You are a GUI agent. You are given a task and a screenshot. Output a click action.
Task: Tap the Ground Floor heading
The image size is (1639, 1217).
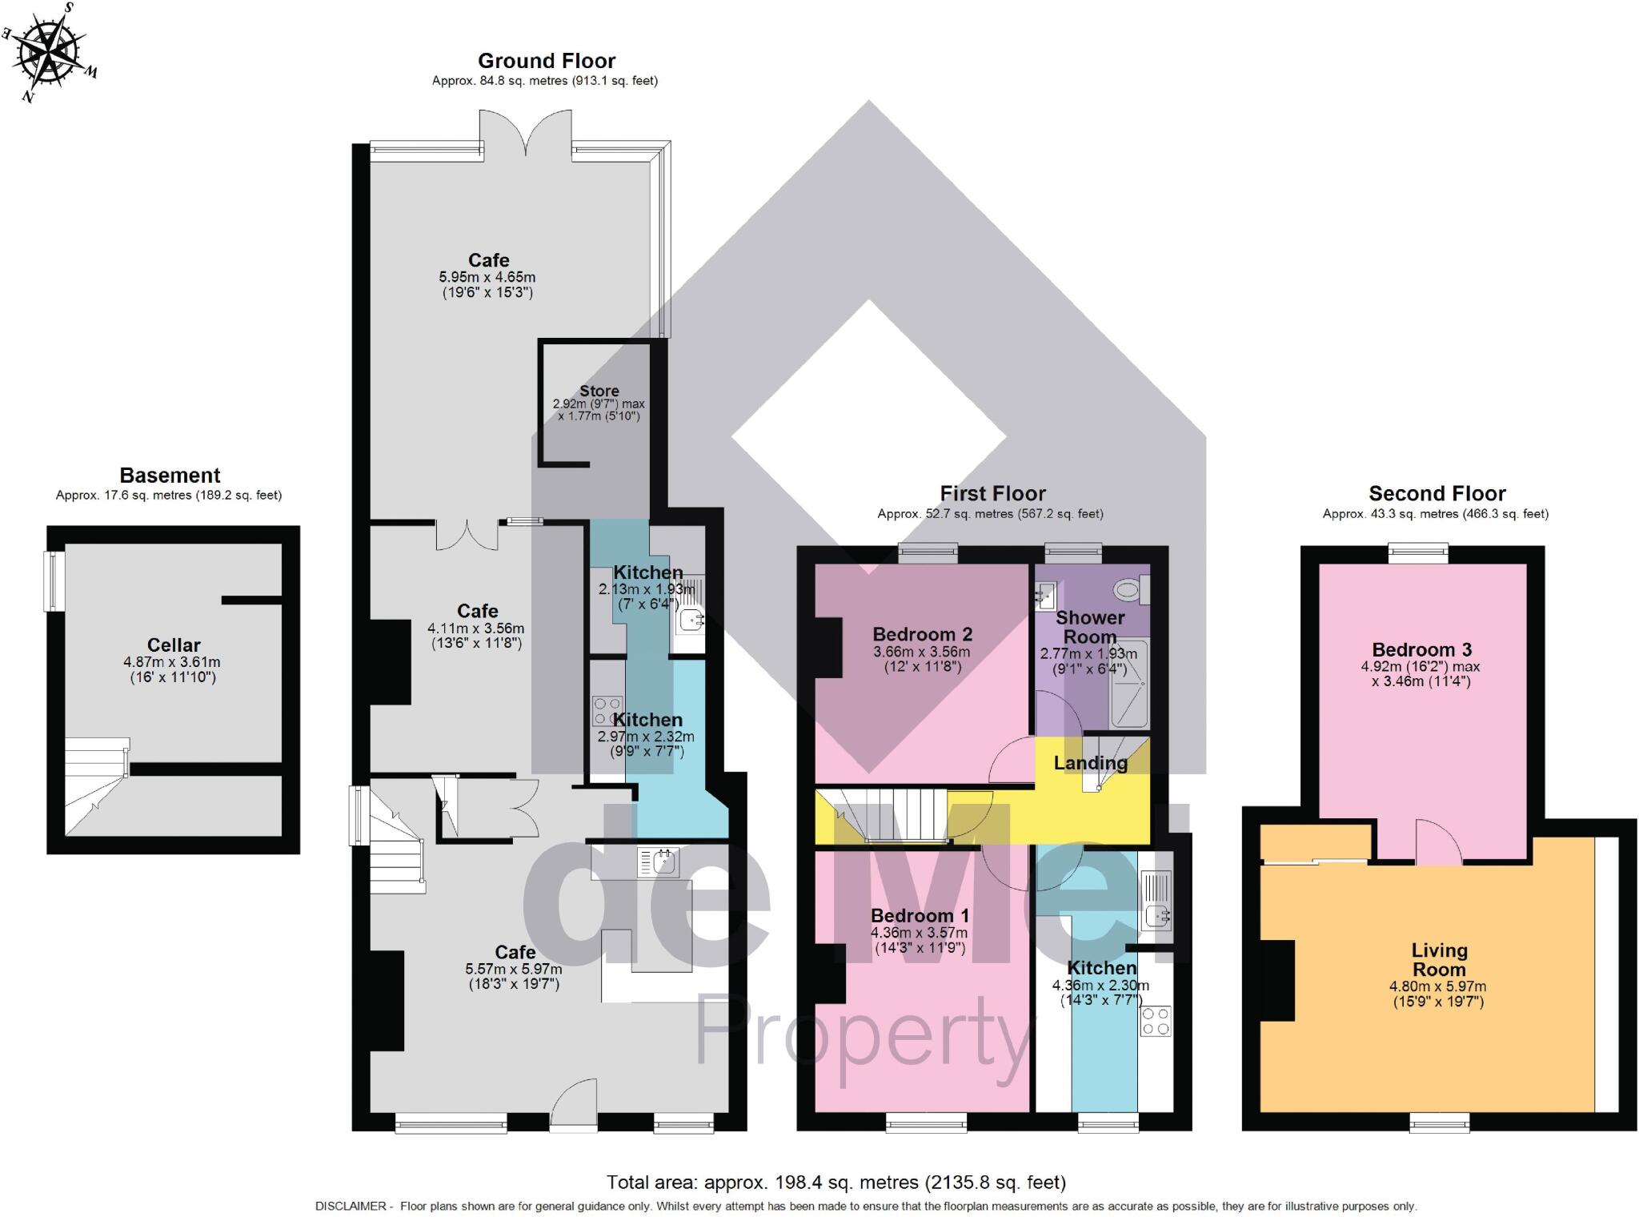547,61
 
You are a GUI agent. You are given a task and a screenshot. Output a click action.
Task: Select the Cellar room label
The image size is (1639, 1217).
174,645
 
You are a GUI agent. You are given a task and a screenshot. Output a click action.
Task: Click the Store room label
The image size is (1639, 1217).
599,391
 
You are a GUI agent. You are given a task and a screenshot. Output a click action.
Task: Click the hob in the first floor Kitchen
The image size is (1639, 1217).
1156,1022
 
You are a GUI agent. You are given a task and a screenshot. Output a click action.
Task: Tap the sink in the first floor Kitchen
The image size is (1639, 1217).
1156,914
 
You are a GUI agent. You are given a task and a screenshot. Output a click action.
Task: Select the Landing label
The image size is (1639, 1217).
1090,763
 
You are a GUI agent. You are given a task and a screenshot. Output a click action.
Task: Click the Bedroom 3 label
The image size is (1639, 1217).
1422,649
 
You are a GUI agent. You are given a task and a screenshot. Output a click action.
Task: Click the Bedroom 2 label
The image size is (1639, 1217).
923,634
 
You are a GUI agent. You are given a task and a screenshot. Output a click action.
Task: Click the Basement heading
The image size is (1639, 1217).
170,475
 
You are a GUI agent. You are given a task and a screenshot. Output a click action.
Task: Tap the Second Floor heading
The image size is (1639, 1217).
1437,493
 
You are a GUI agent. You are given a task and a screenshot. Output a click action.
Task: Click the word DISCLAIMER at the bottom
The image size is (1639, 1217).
351,1206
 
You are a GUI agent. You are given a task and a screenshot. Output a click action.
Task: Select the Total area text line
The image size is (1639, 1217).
836,1182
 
